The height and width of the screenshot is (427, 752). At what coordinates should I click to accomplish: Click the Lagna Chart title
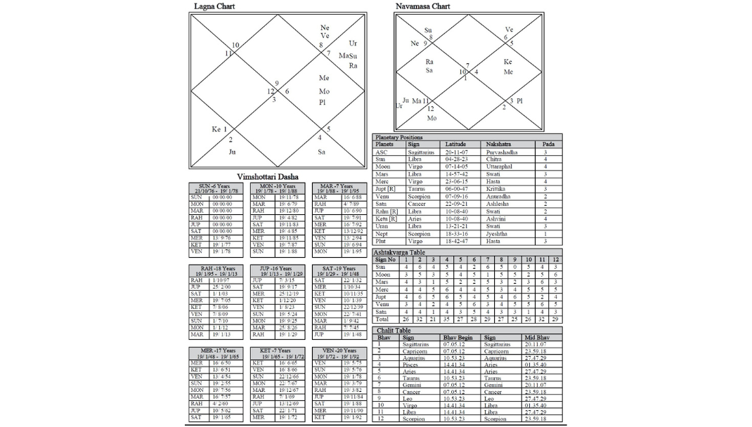tap(214, 6)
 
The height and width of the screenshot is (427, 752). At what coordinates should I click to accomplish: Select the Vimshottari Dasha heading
tap(267, 176)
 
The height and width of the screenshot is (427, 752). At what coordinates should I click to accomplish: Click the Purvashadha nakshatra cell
tap(502, 152)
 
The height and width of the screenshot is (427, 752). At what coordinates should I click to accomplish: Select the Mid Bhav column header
tap(537, 337)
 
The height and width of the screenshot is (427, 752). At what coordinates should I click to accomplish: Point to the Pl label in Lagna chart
tap(323, 103)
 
